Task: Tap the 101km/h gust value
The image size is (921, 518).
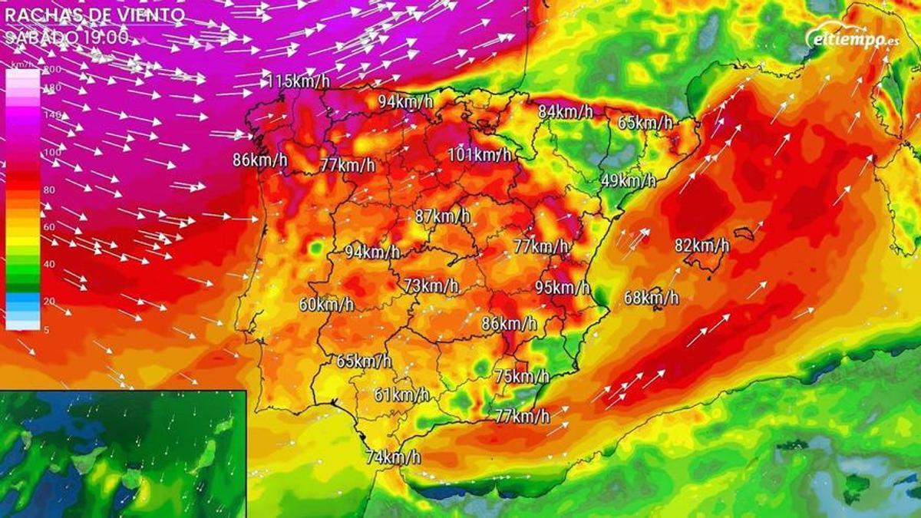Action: click(x=480, y=155)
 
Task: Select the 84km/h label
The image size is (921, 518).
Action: click(x=565, y=112)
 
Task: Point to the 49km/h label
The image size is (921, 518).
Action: click(x=628, y=181)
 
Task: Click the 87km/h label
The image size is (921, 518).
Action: click(x=442, y=216)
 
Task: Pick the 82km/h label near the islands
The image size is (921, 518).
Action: click(x=701, y=246)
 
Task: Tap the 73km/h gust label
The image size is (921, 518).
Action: click(x=431, y=286)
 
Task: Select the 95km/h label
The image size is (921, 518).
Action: click(x=563, y=288)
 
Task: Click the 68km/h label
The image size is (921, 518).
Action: click(x=651, y=298)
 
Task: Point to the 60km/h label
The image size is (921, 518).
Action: click(x=326, y=305)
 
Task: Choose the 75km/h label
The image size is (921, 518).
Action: click(x=522, y=376)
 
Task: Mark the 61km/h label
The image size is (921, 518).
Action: click(x=401, y=395)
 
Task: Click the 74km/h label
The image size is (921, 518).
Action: click(x=393, y=457)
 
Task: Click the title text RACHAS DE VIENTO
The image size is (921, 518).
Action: click(x=94, y=15)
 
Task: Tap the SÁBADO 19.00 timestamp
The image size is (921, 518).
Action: click(x=68, y=37)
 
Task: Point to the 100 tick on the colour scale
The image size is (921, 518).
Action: click(x=51, y=152)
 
